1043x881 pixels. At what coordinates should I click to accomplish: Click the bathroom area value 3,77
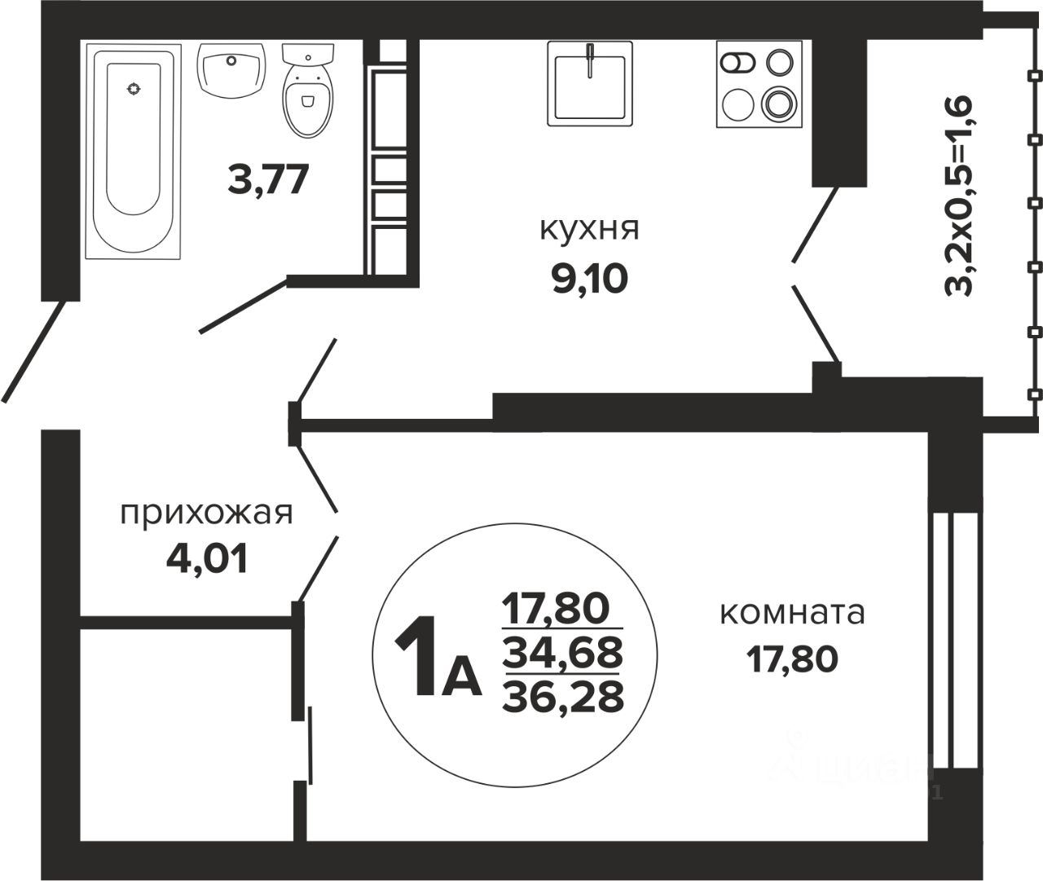tap(269, 179)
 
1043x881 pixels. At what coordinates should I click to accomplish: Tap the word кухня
tap(589, 229)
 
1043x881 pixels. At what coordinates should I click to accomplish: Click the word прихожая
tap(205, 513)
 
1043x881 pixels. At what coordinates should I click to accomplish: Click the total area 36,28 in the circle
tap(563, 696)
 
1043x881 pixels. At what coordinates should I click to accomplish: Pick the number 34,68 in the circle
tap(563, 651)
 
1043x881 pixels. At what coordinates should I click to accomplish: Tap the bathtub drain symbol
tap(134, 88)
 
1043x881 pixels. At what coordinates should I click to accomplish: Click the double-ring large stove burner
tap(777, 104)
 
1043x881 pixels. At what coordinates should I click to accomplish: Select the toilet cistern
tap(307, 52)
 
